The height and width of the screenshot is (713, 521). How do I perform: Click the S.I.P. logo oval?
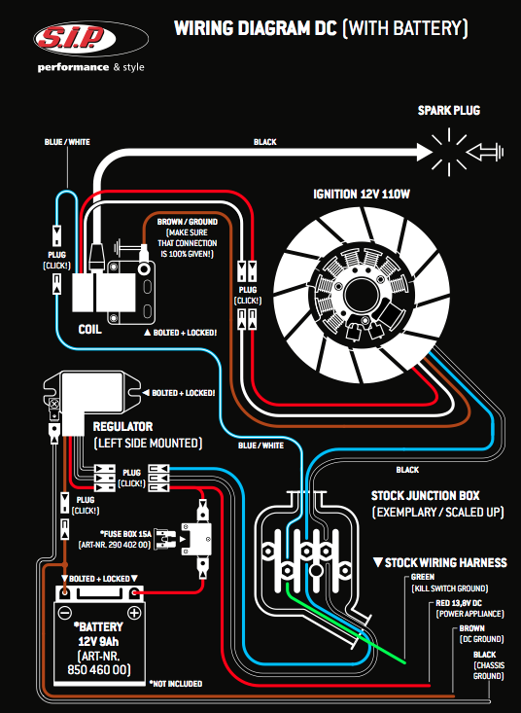pos(90,39)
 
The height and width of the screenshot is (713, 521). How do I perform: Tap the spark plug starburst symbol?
pos(449,153)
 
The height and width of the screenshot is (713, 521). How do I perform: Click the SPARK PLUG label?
pos(449,111)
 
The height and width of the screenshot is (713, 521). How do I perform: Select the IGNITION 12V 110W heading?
pos(362,195)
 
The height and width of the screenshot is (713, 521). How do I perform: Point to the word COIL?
pos(90,329)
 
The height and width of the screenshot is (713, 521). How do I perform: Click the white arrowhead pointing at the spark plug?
pos(424,153)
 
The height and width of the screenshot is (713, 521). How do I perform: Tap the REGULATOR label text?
pos(122,426)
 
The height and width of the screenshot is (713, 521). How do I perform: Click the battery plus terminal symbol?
pos(134,613)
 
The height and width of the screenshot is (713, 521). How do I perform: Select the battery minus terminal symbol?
pos(65,613)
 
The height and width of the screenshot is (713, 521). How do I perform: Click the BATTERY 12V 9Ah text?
pos(98,634)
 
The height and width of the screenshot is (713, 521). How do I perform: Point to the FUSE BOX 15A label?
pos(125,534)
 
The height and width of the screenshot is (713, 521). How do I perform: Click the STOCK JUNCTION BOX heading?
pos(425,496)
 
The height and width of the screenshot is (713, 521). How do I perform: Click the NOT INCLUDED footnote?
pos(176,684)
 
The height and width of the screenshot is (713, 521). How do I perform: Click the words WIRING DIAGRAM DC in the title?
pos(256,28)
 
